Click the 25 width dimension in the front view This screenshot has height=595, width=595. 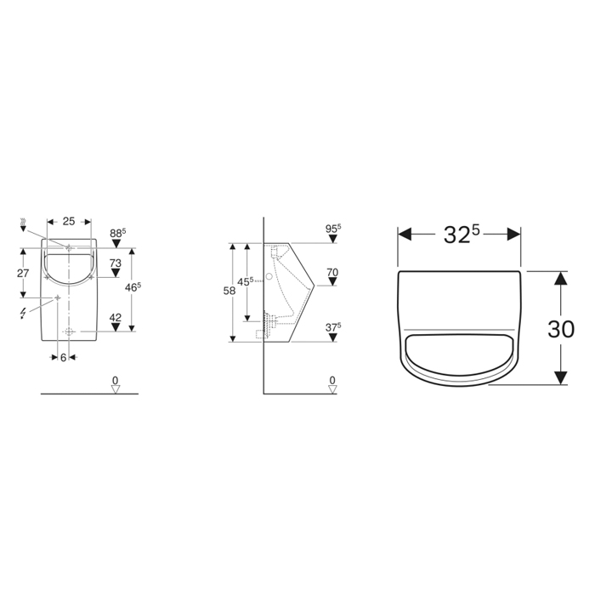pyautogui.click(x=69, y=221)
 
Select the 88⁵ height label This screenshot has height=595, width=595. pyautogui.click(x=117, y=232)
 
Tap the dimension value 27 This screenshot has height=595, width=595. pyautogui.click(x=25, y=274)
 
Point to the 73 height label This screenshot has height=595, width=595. pyautogui.click(x=116, y=263)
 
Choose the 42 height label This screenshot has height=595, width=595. pyautogui.click(x=116, y=318)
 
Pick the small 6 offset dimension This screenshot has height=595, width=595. pyautogui.click(x=63, y=358)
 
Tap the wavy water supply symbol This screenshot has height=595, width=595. pyautogui.click(x=23, y=225)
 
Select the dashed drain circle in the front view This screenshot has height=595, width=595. pyautogui.click(x=69, y=331)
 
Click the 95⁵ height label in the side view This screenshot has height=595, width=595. pyautogui.click(x=332, y=228)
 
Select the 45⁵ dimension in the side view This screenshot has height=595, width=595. pyautogui.click(x=246, y=281)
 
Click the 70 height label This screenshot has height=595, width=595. pyautogui.click(x=331, y=272)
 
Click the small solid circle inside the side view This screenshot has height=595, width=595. pyautogui.click(x=269, y=276)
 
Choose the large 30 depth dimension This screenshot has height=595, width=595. pyautogui.click(x=560, y=328)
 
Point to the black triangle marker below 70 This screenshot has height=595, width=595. pyautogui.click(x=331, y=284)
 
